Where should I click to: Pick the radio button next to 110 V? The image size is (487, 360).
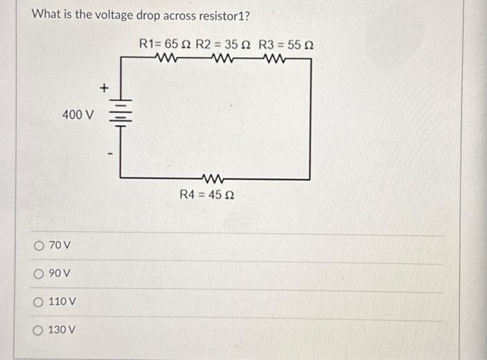[x=39, y=302]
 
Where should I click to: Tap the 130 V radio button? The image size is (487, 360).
[x=39, y=329]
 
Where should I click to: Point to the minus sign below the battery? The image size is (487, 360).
[x=107, y=148]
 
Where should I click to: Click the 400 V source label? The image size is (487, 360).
[x=77, y=114]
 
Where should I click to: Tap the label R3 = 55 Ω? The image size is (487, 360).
[x=286, y=45]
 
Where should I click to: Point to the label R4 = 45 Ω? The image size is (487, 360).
[x=207, y=196]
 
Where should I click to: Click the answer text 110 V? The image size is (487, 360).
[x=63, y=302]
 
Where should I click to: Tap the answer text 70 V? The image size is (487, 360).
[x=60, y=245]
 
